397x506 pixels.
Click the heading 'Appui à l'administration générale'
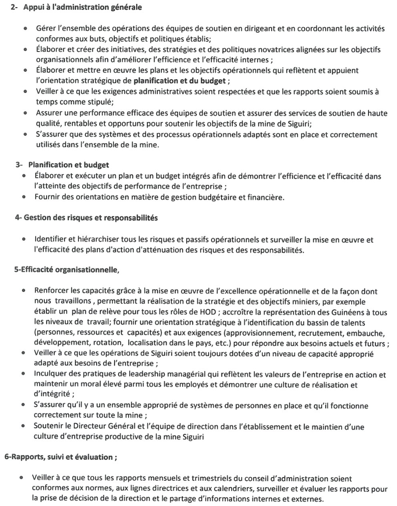82,7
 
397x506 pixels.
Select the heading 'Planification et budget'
68,165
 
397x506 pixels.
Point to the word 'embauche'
370,333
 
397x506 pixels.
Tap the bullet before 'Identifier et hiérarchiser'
24,240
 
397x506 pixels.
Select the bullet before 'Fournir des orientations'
24,197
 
